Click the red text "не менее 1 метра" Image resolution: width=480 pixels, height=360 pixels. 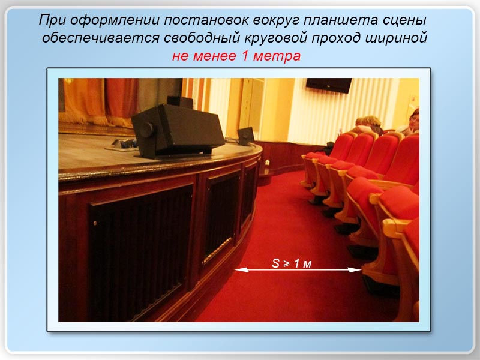pyautogui.click(x=236, y=56)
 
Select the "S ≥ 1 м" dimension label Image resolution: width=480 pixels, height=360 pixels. pyautogui.click(x=292, y=263)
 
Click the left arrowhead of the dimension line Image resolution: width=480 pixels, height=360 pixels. pyautogui.click(x=242, y=269)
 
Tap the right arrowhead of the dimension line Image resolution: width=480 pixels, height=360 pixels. pyautogui.click(x=355, y=269)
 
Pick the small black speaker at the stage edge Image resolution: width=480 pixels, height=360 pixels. pyautogui.click(x=246, y=136)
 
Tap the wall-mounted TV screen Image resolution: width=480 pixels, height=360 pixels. pyautogui.click(x=329, y=85)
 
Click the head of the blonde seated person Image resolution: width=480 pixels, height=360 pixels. pyautogui.click(x=371, y=122)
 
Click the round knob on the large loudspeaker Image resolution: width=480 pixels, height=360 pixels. pyautogui.click(x=146, y=130)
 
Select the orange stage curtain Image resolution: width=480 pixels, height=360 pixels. pyautogui.click(x=98, y=101)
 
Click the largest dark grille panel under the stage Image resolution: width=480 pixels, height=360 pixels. pyautogui.click(x=141, y=251)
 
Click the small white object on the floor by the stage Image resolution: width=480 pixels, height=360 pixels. pyautogui.click(x=267, y=163)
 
